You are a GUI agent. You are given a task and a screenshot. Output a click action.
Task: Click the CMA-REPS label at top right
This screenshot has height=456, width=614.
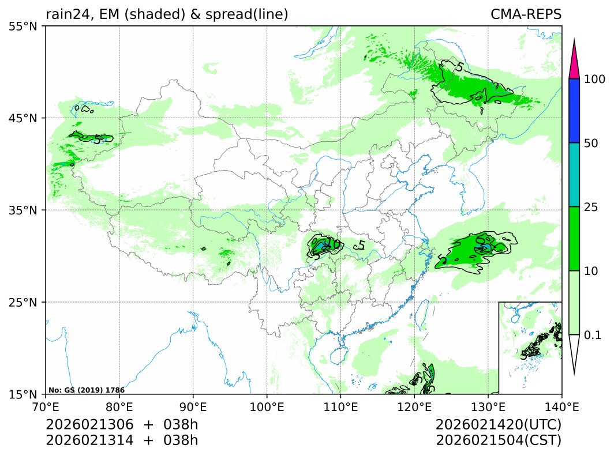(526, 14)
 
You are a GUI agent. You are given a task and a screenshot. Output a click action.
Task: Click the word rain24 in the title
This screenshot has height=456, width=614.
(65, 14)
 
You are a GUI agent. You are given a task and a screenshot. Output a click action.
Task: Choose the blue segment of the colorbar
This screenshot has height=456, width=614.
(574, 111)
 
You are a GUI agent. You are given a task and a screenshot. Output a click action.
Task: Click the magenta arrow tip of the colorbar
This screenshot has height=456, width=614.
(574, 63)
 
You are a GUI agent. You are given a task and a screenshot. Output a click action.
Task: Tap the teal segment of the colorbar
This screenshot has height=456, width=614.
(574, 175)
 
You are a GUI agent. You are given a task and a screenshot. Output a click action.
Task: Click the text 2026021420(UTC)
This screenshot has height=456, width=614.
(499, 425)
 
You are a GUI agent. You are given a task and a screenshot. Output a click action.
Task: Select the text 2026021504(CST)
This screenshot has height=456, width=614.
(499, 440)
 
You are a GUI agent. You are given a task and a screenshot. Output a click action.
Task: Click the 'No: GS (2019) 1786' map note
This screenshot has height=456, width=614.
(87, 390)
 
